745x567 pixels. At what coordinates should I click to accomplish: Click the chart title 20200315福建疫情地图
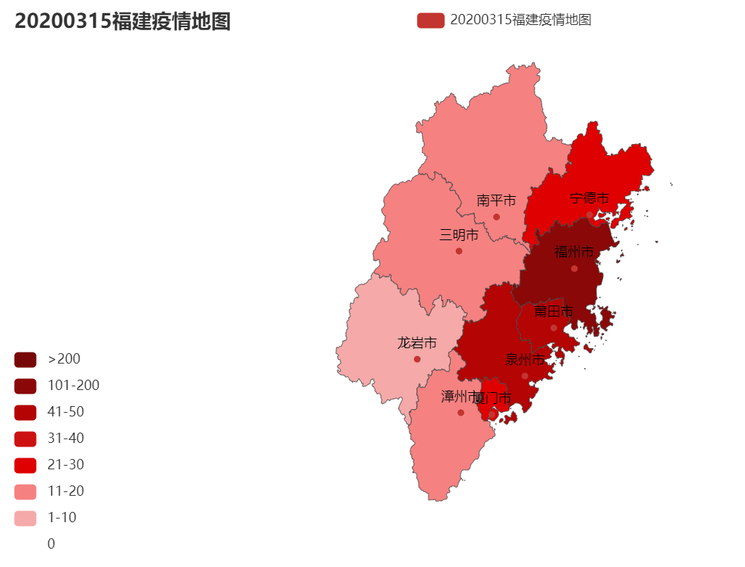[x=123, y=21]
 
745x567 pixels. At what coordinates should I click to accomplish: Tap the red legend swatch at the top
[x=430, y=20]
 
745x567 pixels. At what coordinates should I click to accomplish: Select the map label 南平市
[x=496, y=200]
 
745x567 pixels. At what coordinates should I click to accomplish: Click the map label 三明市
[x=459, y=235]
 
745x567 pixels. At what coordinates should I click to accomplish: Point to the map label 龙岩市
[x=417, y=343]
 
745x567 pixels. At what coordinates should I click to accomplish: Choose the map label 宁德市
[x=589, y=198]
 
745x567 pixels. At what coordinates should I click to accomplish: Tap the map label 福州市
[x=574, y=252]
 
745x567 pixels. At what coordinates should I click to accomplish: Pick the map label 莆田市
[x=553, y=311]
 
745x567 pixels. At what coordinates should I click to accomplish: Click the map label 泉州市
[x=525, y=360]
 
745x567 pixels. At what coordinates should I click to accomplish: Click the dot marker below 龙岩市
[x=417, y=359]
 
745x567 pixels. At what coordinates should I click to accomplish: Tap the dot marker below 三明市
[x=459, y=251]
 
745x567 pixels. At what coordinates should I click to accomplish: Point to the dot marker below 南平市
[x=496, y=217]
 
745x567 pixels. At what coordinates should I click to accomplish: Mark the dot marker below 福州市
[x=574, y=269]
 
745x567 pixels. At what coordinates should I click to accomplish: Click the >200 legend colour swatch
[x=25, y=359]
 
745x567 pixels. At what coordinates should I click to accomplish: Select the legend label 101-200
[x=73, y=386]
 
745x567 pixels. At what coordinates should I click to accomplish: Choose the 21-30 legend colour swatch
[x=25, y=465]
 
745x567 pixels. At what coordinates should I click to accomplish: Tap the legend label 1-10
[x=62, y=518]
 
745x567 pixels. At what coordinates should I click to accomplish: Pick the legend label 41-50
[x=65, y=412]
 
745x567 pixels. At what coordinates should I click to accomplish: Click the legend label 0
[x=51, y=544]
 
